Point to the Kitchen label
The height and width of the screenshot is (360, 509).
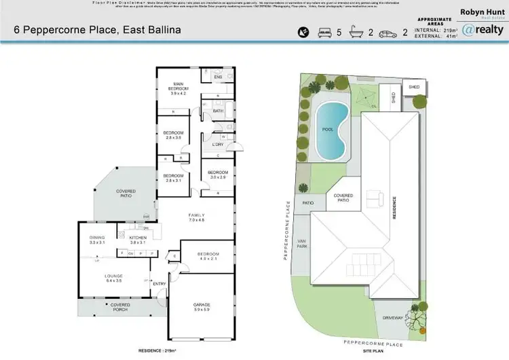pyautogui.click(x=138, y=239)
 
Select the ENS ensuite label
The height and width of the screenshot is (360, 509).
pyautogui.click(x=218, y=77)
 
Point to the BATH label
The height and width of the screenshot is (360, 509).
pyautogui.click(x=218, y=111)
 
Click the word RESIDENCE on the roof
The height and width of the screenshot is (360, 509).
pyautogui.click(x=392, y=206)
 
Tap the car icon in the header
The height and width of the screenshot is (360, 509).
pyautogui.click(x=388, y=31)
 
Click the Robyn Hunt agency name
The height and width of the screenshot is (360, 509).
pyautogui.click(x=482, y=12)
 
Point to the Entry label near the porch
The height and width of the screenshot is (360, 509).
pyautogui.click(x=159, y=283)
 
